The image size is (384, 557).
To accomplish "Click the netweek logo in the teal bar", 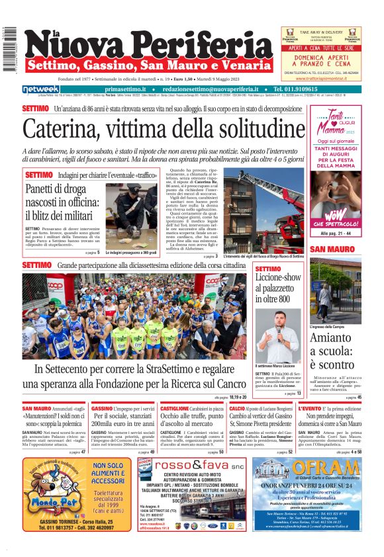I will pyautogui.click(x=41, y=89).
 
